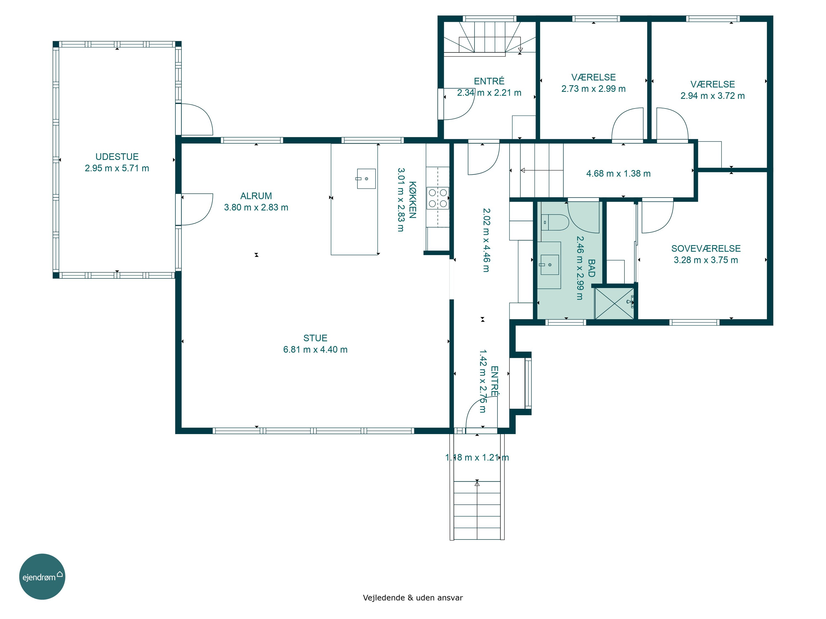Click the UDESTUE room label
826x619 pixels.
[117, 157]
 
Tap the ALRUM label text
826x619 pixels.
[256, 196]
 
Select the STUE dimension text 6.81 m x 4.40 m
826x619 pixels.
[315, 350]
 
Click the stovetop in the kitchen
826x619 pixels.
[438, 198]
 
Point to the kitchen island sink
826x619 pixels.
[366, 179]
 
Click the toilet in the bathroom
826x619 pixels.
[555, 222]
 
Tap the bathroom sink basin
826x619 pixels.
[550, 265]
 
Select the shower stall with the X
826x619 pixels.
[614, 303]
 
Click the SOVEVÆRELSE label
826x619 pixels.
[706, 248]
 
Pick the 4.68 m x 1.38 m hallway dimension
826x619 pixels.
[618, 174]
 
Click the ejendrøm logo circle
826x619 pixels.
[42, 576]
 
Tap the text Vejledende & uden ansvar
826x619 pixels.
[413, 598]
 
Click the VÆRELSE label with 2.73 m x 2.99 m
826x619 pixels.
[593, 77]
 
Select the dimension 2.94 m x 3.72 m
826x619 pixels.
[713, 96]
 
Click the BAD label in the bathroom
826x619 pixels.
[591, 268]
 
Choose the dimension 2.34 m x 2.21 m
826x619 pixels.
[489, 92]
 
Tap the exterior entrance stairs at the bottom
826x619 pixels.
[477, 510]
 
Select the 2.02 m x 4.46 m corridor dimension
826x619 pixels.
[486, 240]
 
